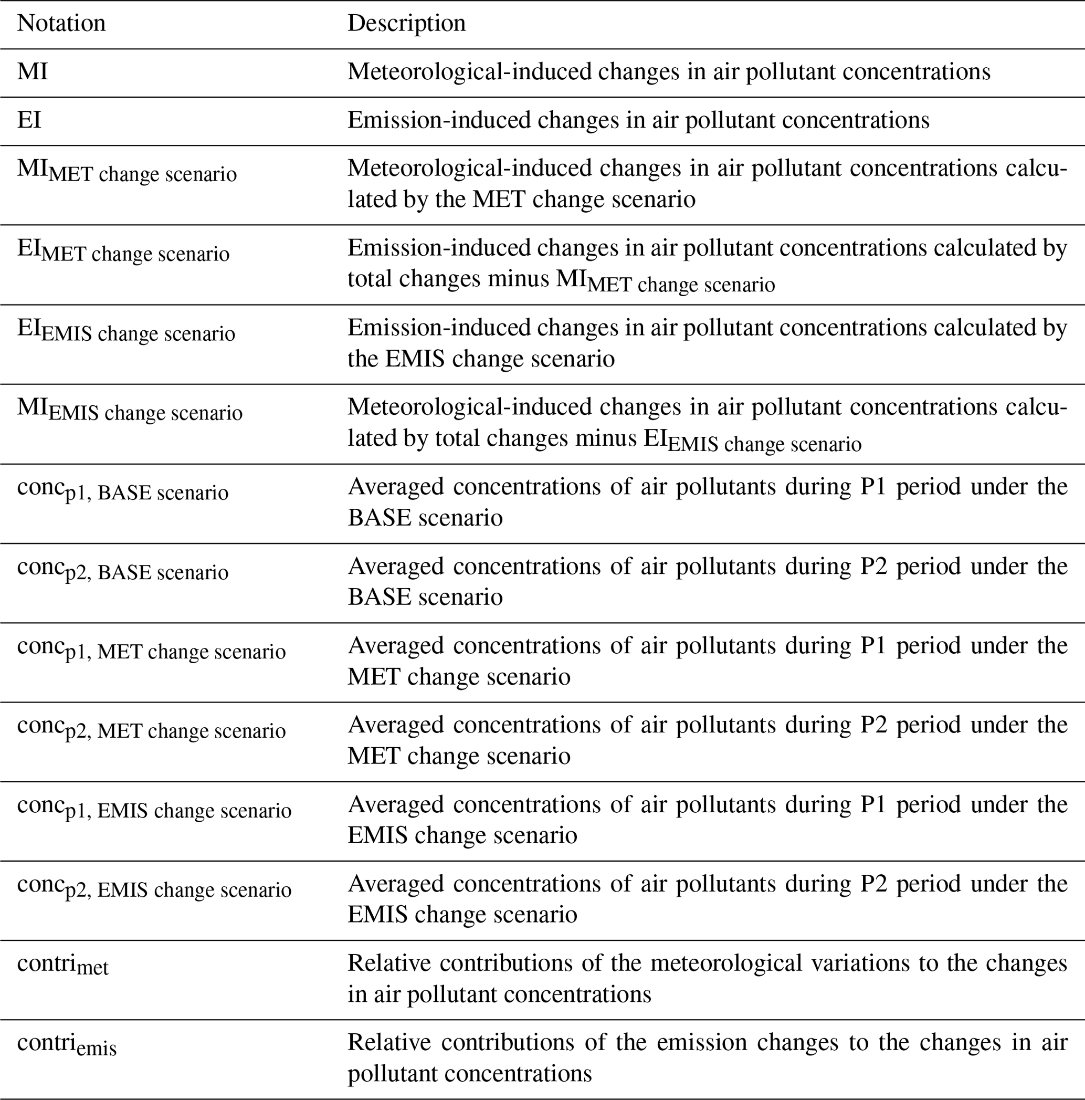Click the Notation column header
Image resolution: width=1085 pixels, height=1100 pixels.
[61, 23]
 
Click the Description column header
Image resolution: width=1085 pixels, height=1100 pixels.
[406, 23]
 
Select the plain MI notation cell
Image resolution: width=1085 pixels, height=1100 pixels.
[33, 72]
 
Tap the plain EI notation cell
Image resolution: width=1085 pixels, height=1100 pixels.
[29, 120]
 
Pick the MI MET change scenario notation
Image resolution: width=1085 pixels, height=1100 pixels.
[127, 171]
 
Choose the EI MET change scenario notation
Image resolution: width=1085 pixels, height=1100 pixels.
[123, 250]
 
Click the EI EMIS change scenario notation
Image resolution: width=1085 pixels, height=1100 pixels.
[126, 330]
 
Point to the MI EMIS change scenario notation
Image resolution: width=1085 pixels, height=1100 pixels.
[130, 410]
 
